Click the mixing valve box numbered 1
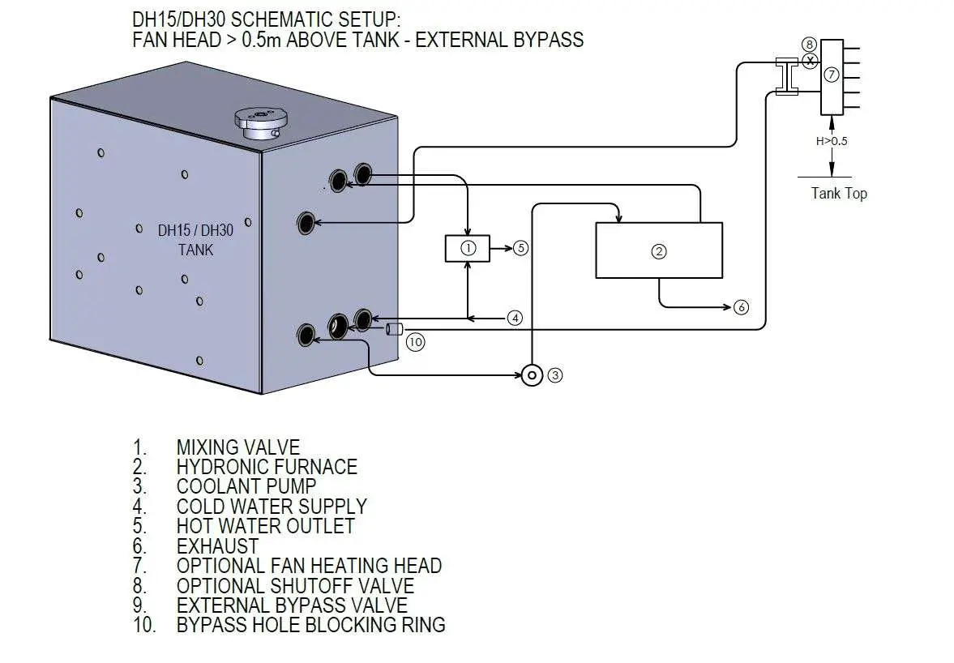[468, 249]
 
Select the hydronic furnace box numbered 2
[659, 250]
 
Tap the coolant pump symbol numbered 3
[532, 375]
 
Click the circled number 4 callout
[515, 318]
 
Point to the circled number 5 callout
[520, 249]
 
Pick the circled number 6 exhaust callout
[741, 307]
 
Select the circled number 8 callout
[808, 44]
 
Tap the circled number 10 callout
[415, 342]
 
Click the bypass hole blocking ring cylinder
[395, 329]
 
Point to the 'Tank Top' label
[839, 193]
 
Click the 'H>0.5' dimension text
[832, 141]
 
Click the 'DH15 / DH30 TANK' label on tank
[195, 240]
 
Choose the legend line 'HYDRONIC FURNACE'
[267, 467]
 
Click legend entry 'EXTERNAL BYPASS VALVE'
[292, 605]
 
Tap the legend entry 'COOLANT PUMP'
[246, 486]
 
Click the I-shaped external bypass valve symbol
[786, 76]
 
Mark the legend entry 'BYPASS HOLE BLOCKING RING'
[310, 625]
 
